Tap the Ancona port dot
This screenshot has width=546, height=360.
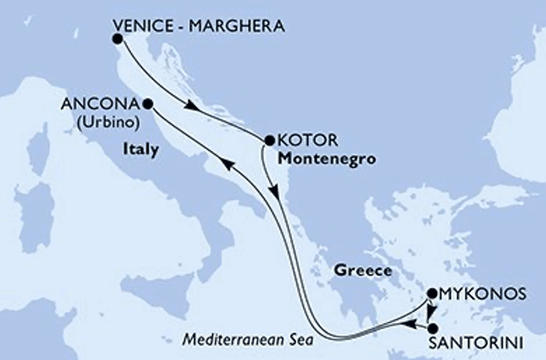click(148, 104)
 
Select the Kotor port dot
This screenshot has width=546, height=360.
click(268, 141)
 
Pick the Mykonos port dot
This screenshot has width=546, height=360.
click(431, 294)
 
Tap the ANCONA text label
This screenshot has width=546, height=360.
click(100, 105)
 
